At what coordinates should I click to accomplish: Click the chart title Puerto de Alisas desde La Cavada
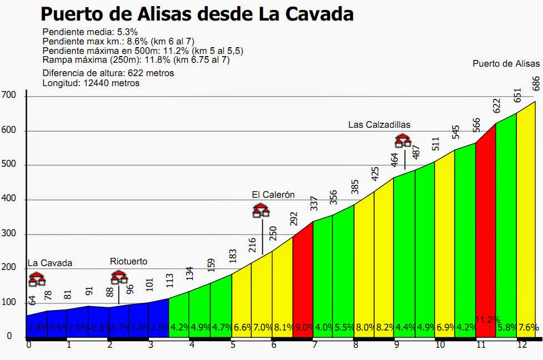[x=197, y=13]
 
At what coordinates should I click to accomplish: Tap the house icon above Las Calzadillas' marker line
[x=403, y=141]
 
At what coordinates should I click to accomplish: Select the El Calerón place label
[x=273, y=194]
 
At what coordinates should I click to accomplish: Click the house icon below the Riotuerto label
[x=119, y=277]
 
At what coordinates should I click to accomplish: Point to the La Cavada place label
[x=50, y=263]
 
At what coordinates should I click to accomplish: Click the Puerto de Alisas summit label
[x=506, y=63]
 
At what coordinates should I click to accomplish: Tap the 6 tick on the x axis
[x=274, y=345]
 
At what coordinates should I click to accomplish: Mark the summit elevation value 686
[x=536, y=83]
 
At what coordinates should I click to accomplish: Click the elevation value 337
[x=313, y=203]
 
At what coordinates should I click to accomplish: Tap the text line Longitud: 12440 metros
[x=91, y=83]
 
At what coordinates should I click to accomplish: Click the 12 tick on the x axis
[x=521, y=345]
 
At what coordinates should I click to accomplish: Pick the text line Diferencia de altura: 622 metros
[x=108, y=73]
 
